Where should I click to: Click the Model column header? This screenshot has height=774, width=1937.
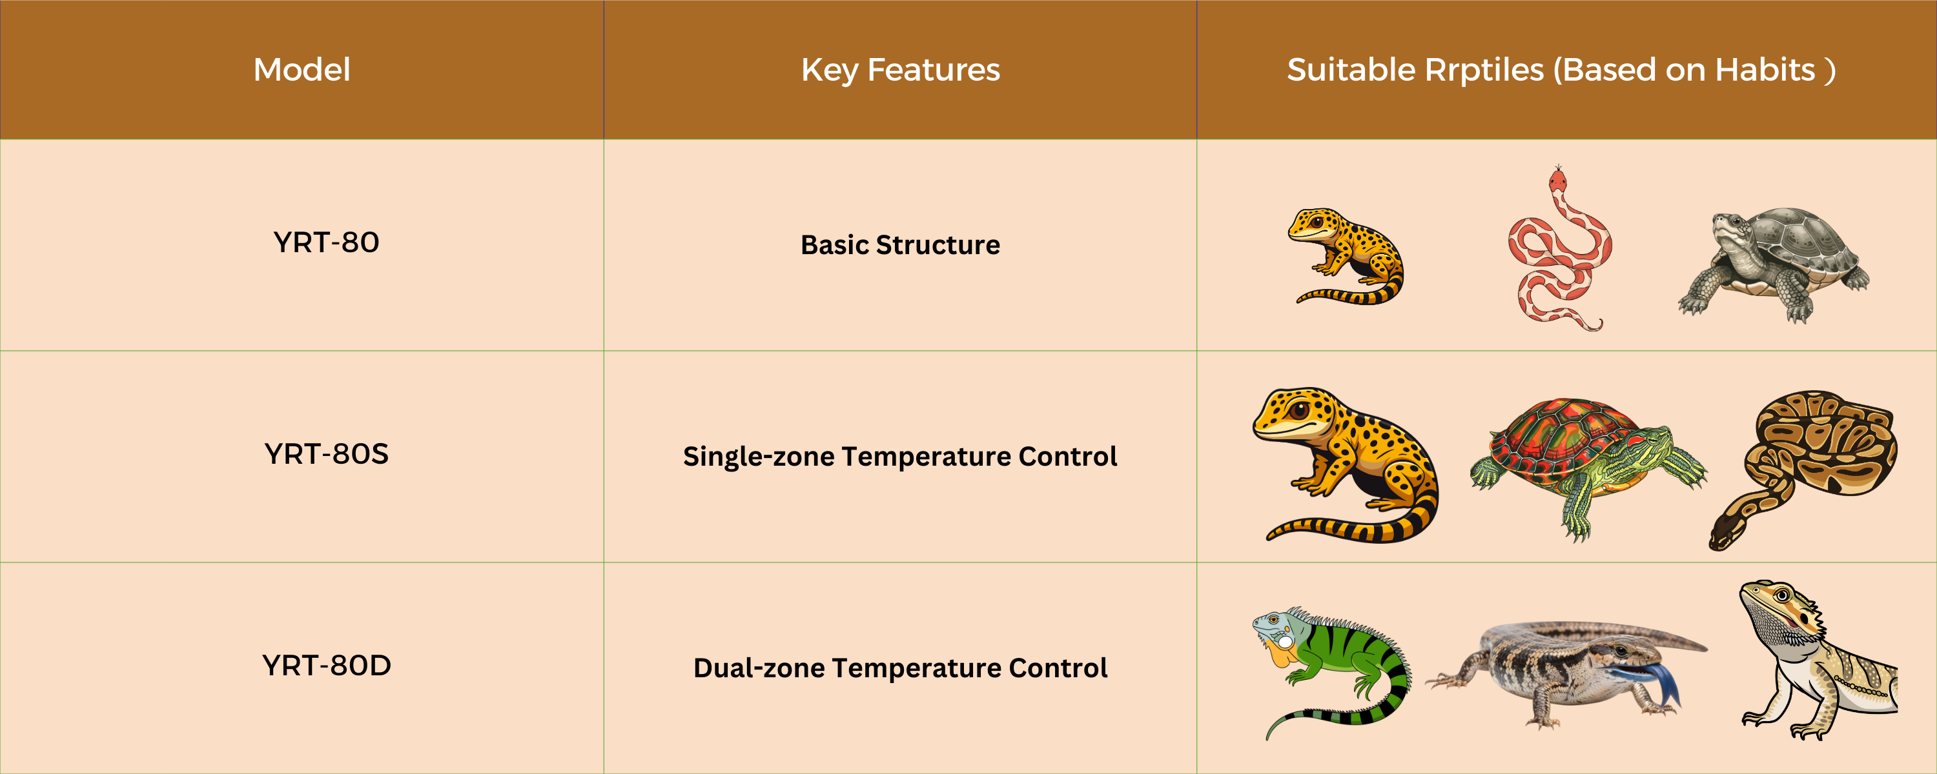point(302,69)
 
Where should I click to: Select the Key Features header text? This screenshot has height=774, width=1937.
point(900,70)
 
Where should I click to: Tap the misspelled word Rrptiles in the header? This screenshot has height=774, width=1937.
point(1484,70)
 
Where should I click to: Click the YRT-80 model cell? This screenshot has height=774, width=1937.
point(326,242)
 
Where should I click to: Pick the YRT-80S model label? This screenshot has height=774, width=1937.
point(326,453)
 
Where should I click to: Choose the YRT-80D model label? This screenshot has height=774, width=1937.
point(326,665)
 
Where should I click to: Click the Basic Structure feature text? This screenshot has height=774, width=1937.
point(900,245)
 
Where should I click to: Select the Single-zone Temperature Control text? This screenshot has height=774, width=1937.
point(900,457)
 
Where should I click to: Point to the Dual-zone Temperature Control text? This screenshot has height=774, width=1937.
point(900,668)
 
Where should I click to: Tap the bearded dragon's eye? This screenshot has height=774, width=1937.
point(1781,596)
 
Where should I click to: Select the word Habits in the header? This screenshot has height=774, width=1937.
point(1765,70)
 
